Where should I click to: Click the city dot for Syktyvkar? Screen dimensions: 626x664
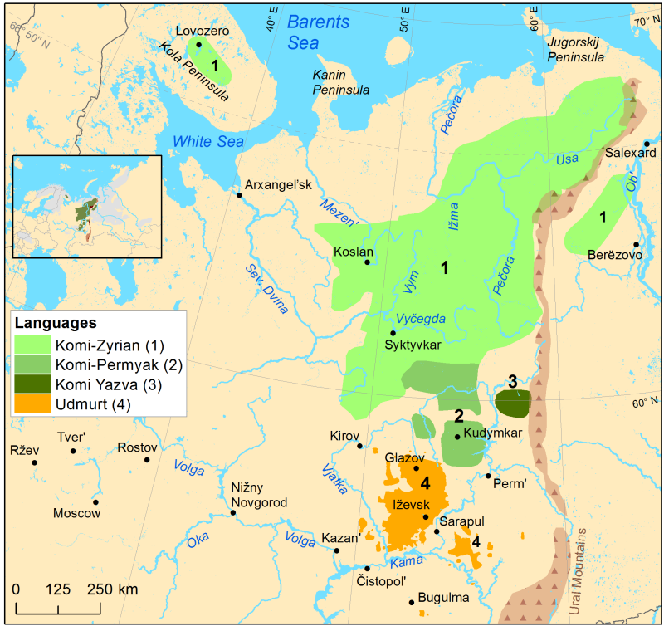(393, 332)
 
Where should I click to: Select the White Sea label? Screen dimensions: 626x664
(207, 142)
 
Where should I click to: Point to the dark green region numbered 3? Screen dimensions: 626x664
(512, 404)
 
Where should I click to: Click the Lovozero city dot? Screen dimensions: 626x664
(199, 45)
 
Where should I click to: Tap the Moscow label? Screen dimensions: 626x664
(76, 513)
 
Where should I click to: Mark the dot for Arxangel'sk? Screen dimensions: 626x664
(239, 195)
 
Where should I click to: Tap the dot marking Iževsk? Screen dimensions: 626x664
(426, 517)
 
